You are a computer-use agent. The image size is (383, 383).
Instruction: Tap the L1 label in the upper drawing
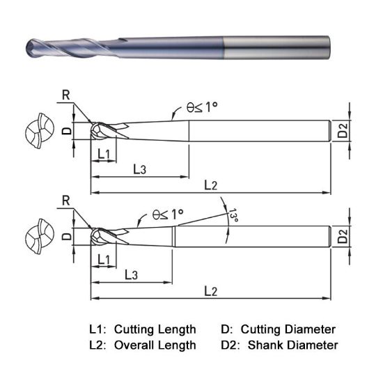click(104, 153)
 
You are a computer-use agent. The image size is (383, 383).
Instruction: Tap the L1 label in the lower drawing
click(105, 259)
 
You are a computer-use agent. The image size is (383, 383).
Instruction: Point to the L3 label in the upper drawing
click(139, 169)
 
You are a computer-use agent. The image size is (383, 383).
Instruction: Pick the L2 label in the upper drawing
click(211, 185)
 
